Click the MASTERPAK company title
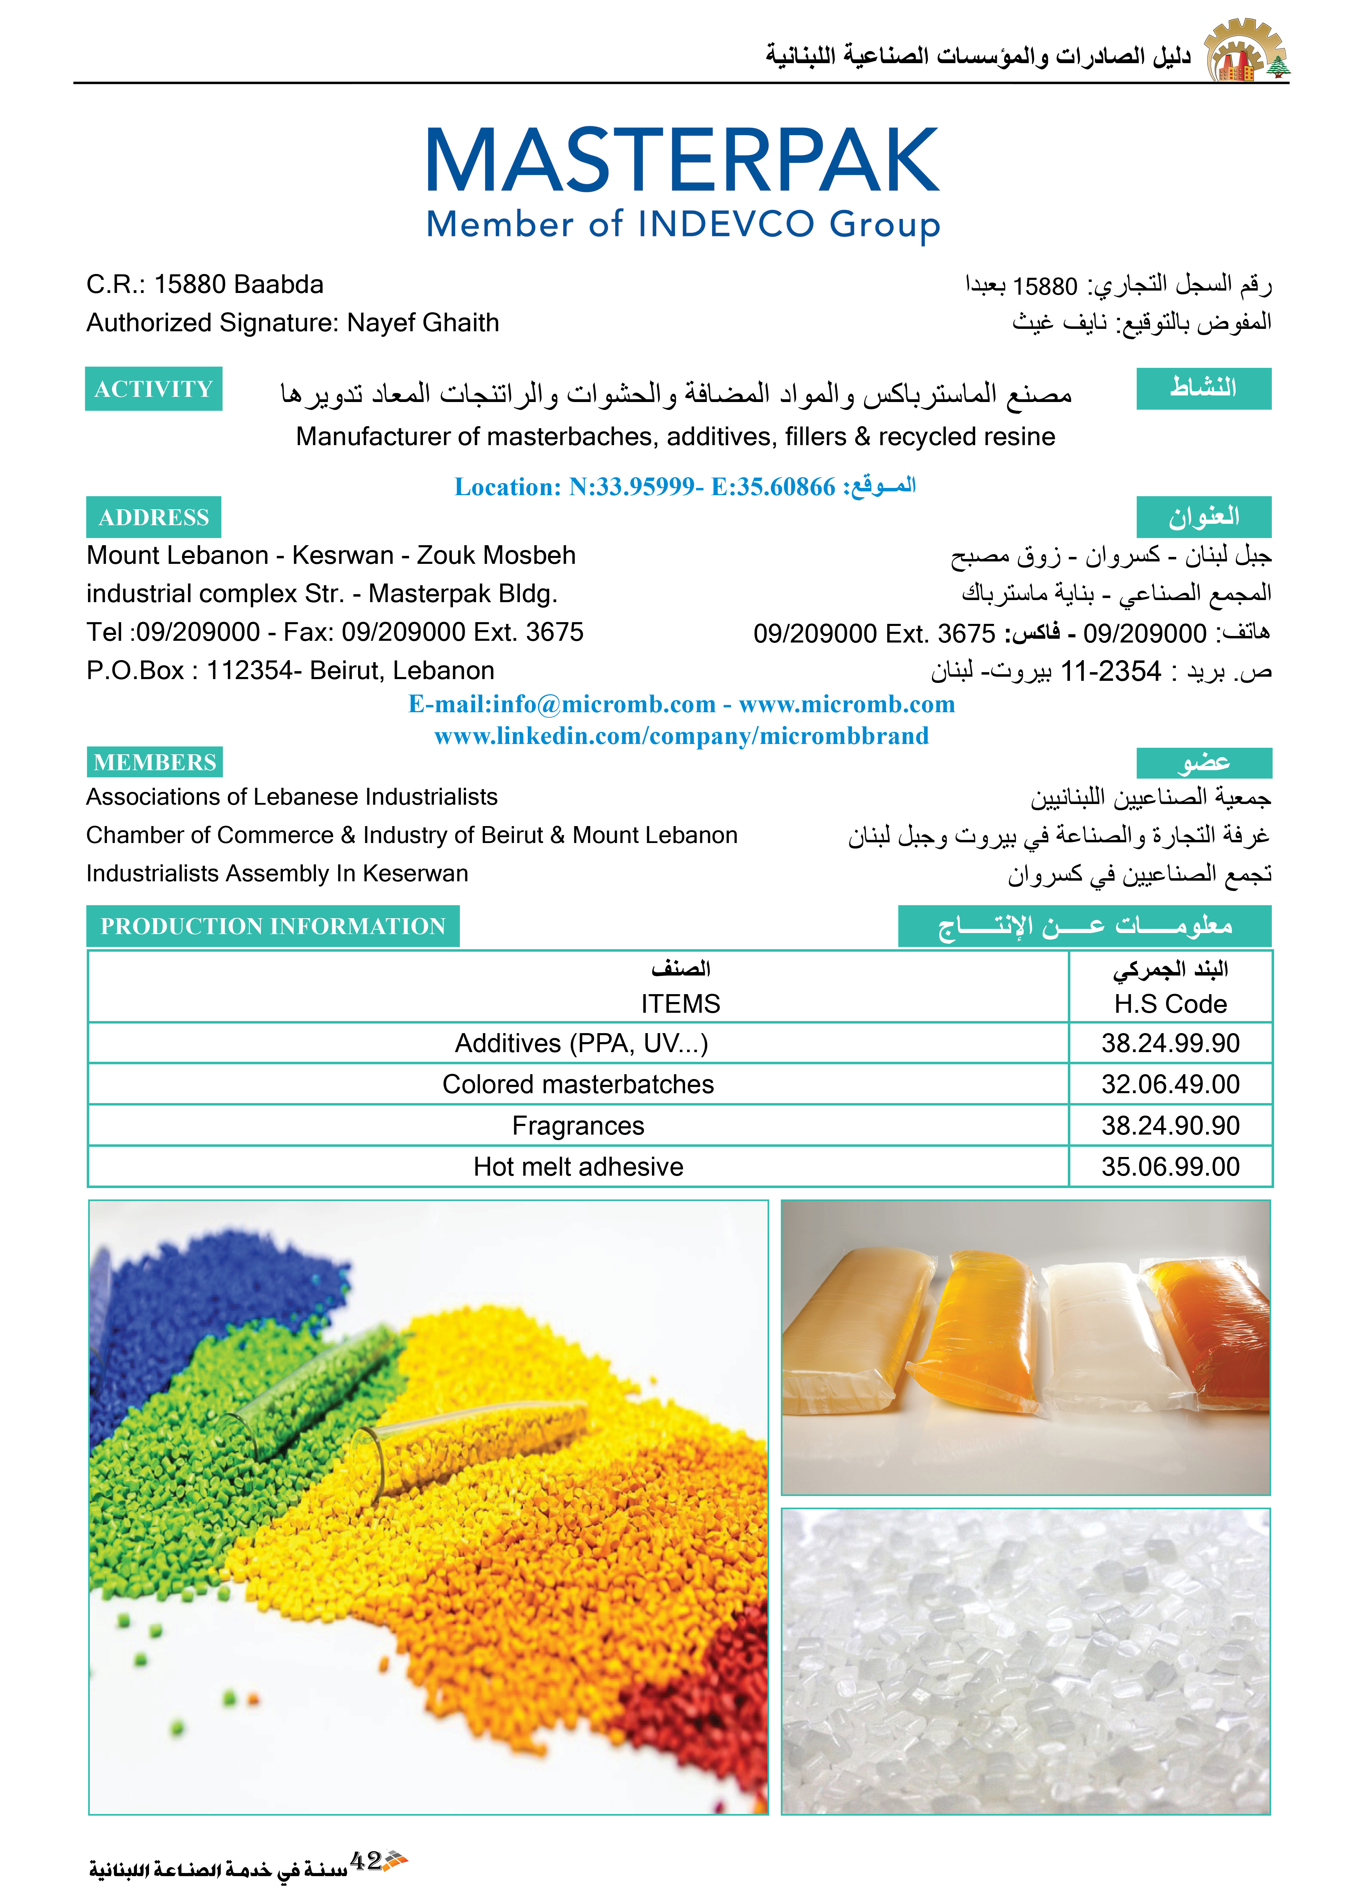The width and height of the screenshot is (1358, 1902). [x=682, y=160]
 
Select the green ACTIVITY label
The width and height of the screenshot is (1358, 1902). [x=154, y=389]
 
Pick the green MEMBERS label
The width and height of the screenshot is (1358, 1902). [x=155, y=762]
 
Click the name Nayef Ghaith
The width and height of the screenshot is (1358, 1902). [x=423, y=323]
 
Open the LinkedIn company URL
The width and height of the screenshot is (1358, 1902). [x=682, y=736]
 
